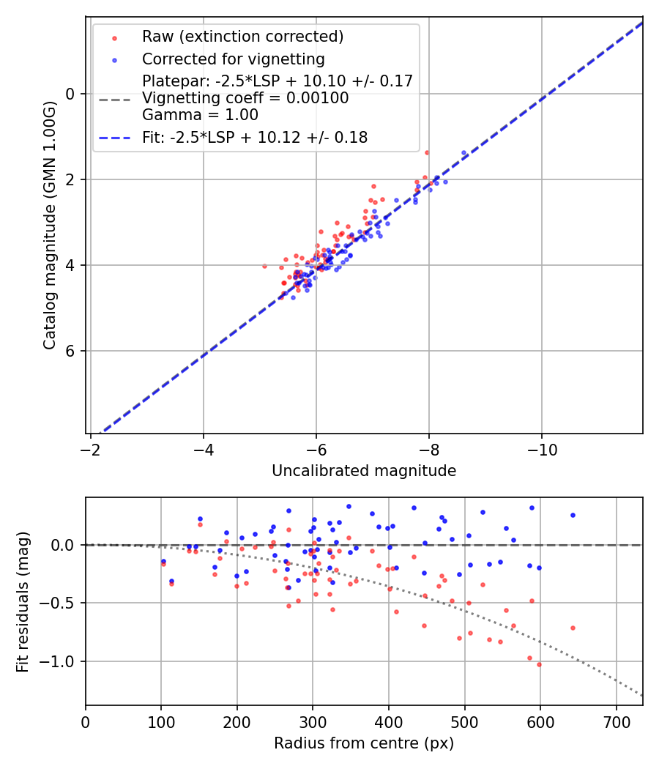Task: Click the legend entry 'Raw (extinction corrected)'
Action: (x=242, y=37)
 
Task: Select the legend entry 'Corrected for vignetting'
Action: (x=234, y=59)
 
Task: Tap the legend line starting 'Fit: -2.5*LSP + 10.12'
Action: (x=254, y=137)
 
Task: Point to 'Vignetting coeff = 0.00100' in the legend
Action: (x=245, y=97)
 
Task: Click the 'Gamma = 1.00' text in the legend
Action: (x=200, y=114)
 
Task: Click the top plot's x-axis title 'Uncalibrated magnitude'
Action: (x=364, y=471)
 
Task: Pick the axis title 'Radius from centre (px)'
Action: (x=364, y=743)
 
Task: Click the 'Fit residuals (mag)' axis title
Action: (x=23, y=602)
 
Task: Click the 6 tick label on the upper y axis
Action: (x=71, y=351)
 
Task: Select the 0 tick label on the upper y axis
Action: (x=71, y=94)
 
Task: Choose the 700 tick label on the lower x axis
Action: (x=616, y=721)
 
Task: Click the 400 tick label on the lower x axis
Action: (x=389, y=721)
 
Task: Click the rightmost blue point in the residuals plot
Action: (x=573, y=515)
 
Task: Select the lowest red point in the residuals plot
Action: (x=539, y=664)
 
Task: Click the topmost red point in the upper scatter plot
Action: (x=427, y=152)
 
